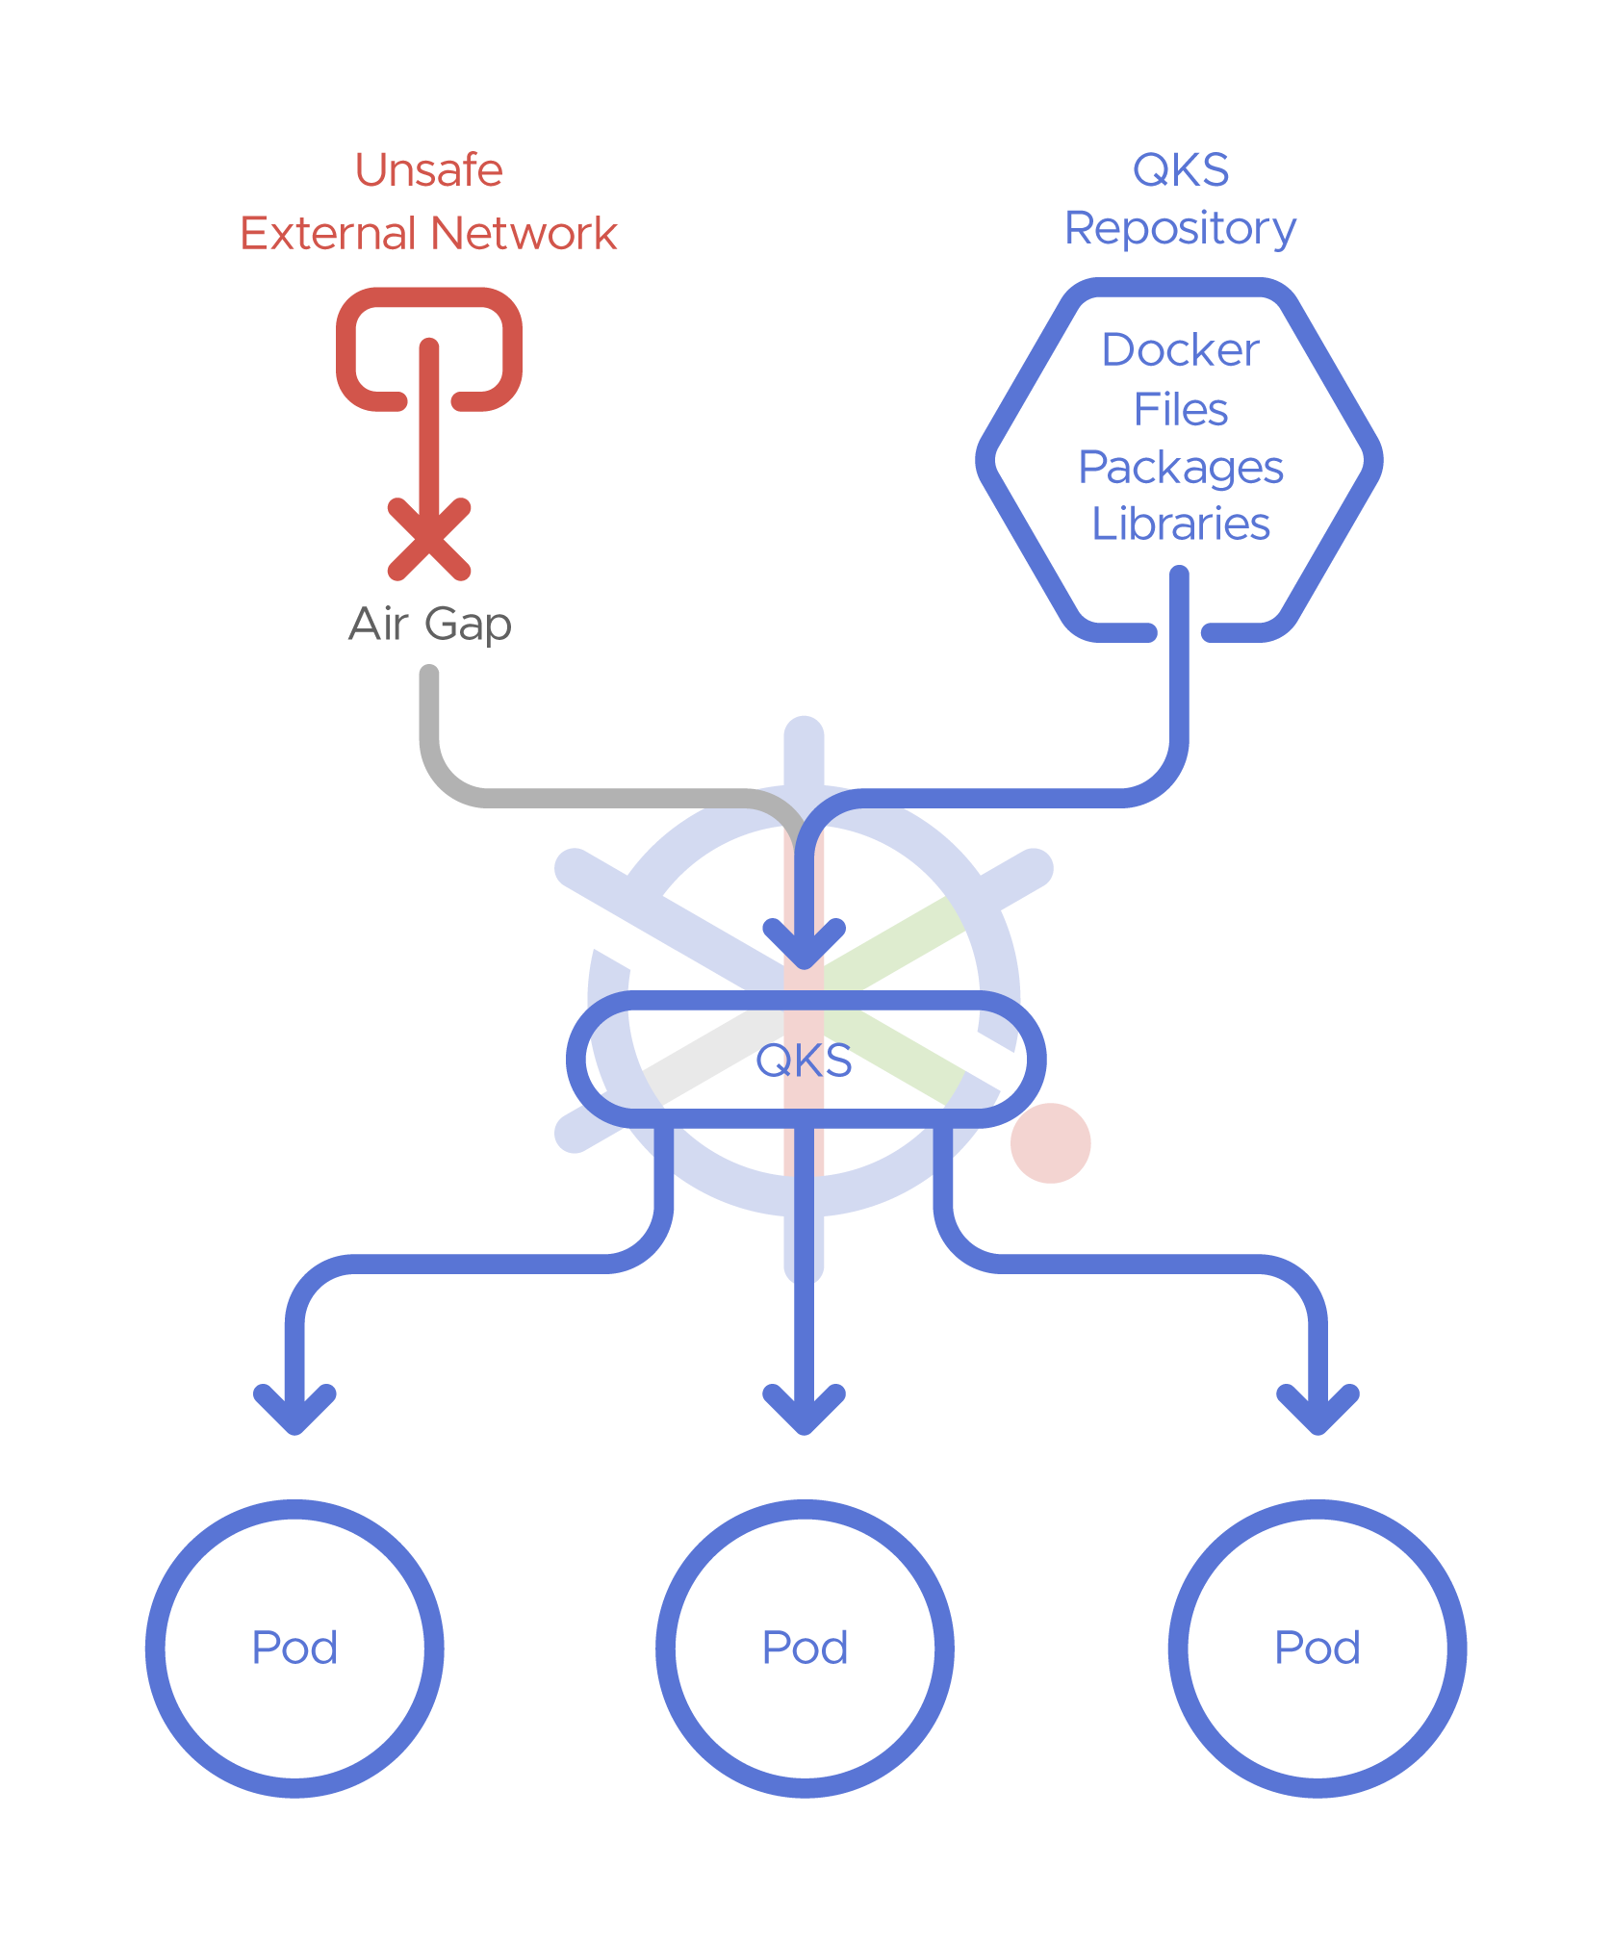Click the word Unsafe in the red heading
tap(428, 170)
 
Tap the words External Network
tap(428, 234)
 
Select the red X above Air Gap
tap(429, 539)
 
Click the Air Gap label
tap(429, 624)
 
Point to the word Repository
tap(1180, 229)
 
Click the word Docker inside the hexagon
tap(1180, 349)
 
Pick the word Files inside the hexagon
tap(1181, 409)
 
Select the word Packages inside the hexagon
tap(1181, 468)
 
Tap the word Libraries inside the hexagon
tap(1181, 524)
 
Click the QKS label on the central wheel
tap(804, 1061)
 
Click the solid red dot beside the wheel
tap(1050, 1143)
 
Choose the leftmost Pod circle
tap(294, 1649)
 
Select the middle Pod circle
tap(805, 1649)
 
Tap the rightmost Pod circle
tap(1318, 1649)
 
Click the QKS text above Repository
tap(1180, 170)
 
